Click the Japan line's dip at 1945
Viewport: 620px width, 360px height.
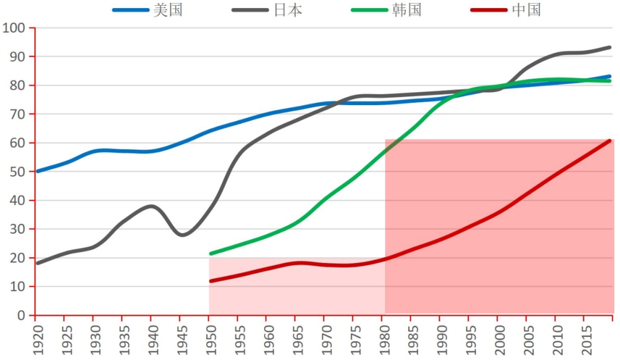tap(181, 235)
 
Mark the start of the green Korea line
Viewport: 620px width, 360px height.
tap(211, 253)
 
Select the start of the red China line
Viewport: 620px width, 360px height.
tap(211, 281)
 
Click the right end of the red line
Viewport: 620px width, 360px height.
tap(610, 141)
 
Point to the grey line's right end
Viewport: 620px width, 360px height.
tap(610, 47)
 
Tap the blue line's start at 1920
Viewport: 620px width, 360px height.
tap(37, 171)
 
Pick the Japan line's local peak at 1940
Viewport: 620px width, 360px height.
tap(150, 206)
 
